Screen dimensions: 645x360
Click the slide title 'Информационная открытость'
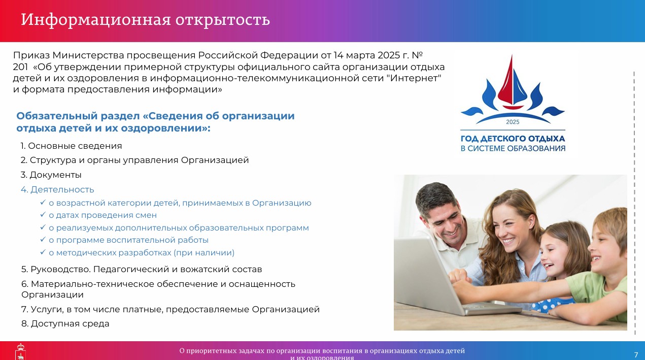pyautogui.click(x=146, y=20)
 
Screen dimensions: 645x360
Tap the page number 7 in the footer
pyautogui.click(x=636, y=354)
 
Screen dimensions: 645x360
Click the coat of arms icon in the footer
pyautogui.click(x=20, y=352)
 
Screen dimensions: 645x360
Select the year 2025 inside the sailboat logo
pyautogui.click(x=513, y=122)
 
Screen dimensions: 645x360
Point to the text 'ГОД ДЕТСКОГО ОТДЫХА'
pyautogui.click(x=513, y=139)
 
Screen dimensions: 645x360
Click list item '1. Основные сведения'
pyautogui.click(x=71, y=146)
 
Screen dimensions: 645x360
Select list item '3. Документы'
pyautogui.click(x=51, y=175)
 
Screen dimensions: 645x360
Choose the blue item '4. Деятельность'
pyautogui.click(x=57, y=189)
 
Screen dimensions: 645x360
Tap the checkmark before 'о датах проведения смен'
pyautogui.click(x=43, y=215)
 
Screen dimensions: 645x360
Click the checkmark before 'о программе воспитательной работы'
pyautogui.click(x=43, y=239)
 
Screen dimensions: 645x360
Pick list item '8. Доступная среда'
pyautogui.click(x=65, y=324)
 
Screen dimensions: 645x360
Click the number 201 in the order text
pyautogui.click(x=20, y=67)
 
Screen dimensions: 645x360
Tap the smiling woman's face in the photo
pyautogui.click(x=510, y=227)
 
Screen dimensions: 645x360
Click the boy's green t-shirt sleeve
pyautogui.click(x=582, y=286)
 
